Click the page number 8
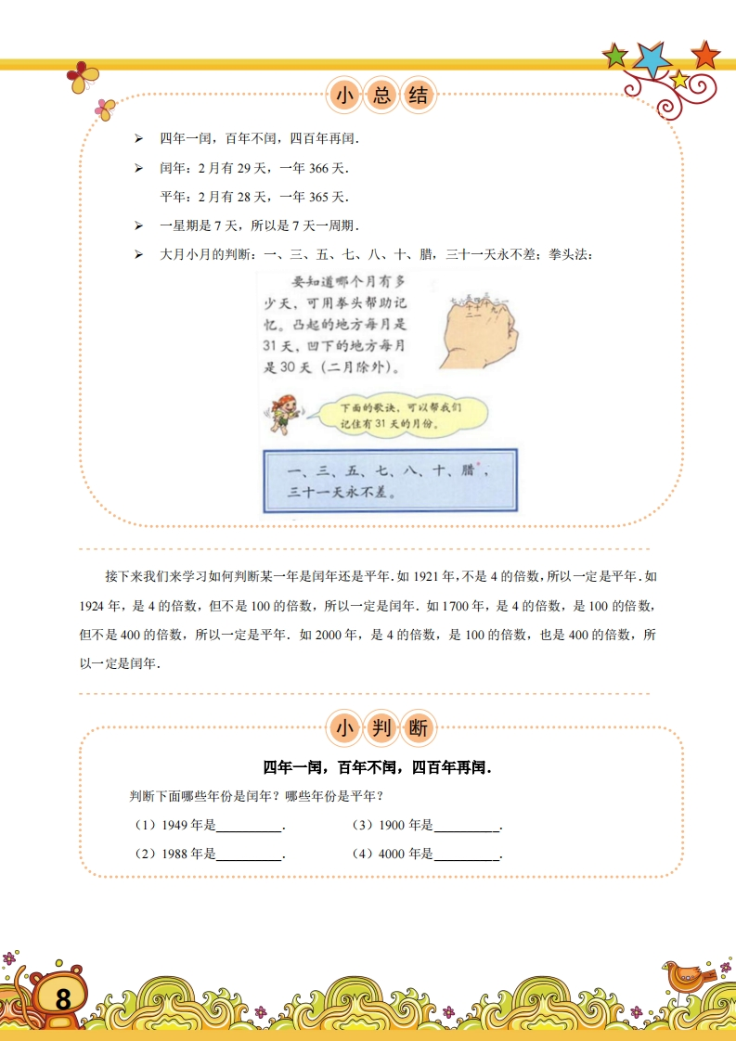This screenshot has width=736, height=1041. click(x=62, y=1000)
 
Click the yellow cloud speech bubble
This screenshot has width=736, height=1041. click(x=399, y=415)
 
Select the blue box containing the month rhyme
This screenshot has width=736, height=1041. click(x=390, y=481)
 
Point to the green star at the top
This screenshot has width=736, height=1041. click(x=615, y=56)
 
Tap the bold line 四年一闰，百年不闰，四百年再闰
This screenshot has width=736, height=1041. click(x=377, y=768)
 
